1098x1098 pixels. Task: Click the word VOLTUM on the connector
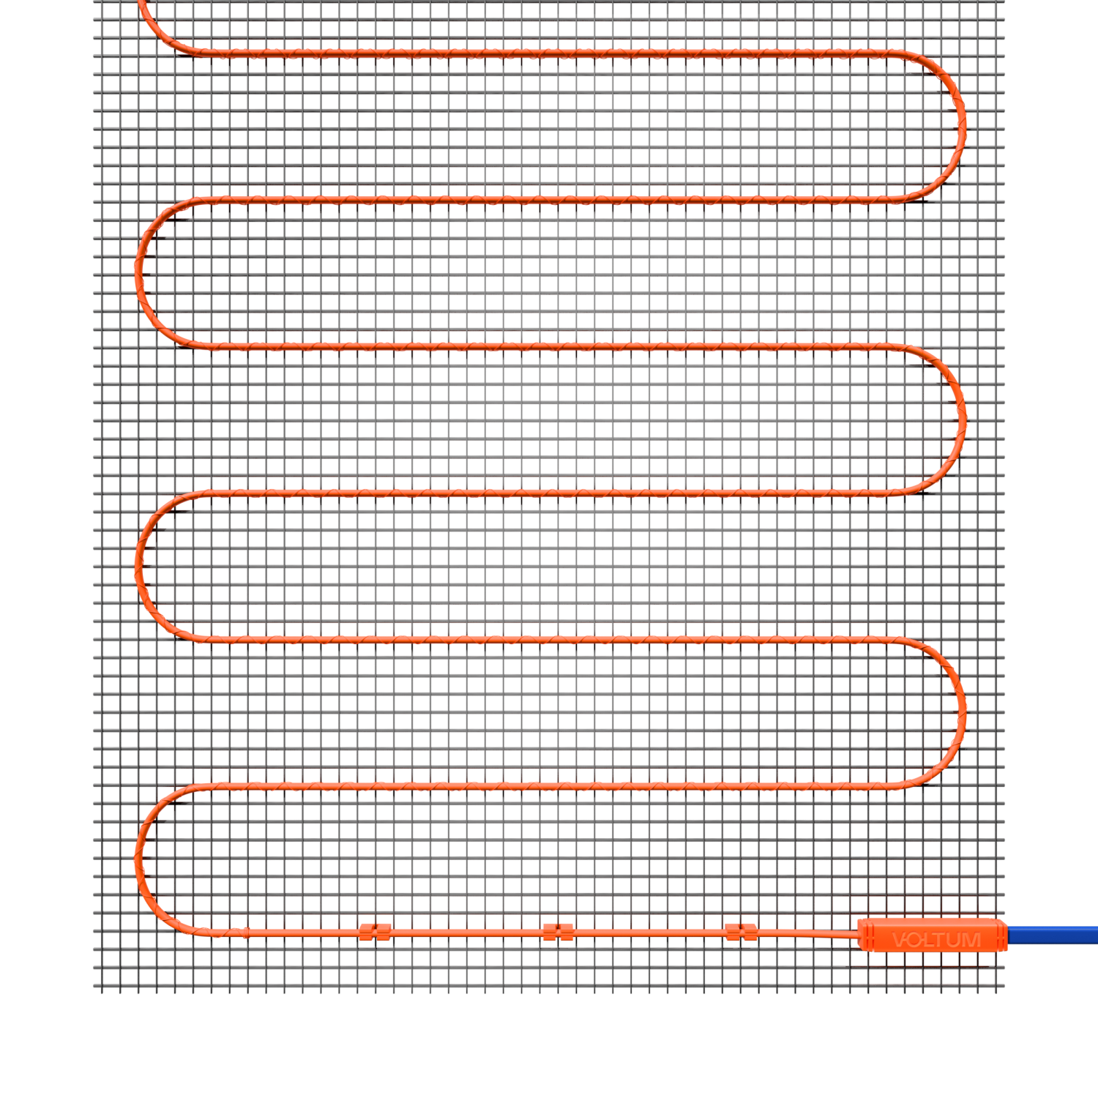[x=936, y=940]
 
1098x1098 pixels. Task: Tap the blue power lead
[x=1053, y=935]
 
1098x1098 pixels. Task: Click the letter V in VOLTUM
[x=900, y=940]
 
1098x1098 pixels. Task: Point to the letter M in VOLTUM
[x=972, y=940]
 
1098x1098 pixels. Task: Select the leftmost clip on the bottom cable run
[x=375, y=932]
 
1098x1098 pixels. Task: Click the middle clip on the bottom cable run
[x=558, y=932]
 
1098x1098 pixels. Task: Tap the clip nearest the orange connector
[x=741, y=932]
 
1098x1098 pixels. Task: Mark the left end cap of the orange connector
[x=866, y=935]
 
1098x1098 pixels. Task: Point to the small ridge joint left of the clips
[x=245, y=933]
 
